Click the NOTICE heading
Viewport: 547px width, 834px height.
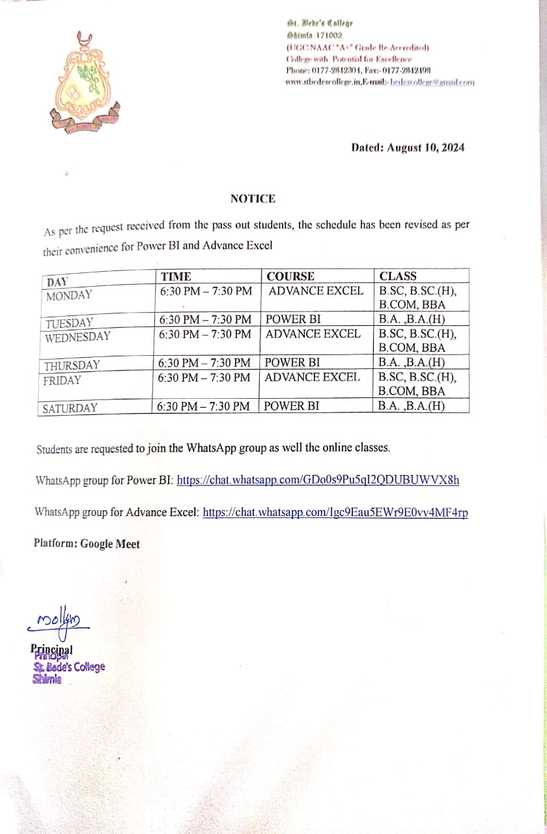coord(253,199)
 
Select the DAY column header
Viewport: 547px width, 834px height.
coord(57,282)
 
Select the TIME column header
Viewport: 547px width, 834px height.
coord(176,276)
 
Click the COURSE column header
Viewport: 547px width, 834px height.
coord(290,276)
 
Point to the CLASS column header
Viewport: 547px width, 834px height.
coord(398,276)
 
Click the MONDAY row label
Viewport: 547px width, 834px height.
coord(69,295)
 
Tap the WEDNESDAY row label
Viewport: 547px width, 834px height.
coord(77,338)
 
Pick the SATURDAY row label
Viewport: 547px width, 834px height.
coord(70,409)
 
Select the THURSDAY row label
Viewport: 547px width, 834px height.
coord(72,366)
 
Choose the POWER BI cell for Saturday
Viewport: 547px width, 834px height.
coord(292,406)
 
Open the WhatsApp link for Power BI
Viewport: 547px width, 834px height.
coord(318,480)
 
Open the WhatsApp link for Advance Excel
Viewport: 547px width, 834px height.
coord(335,512)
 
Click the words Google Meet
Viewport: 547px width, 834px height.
coord(110,543)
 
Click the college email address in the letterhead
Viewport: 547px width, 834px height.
coord(432,82)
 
